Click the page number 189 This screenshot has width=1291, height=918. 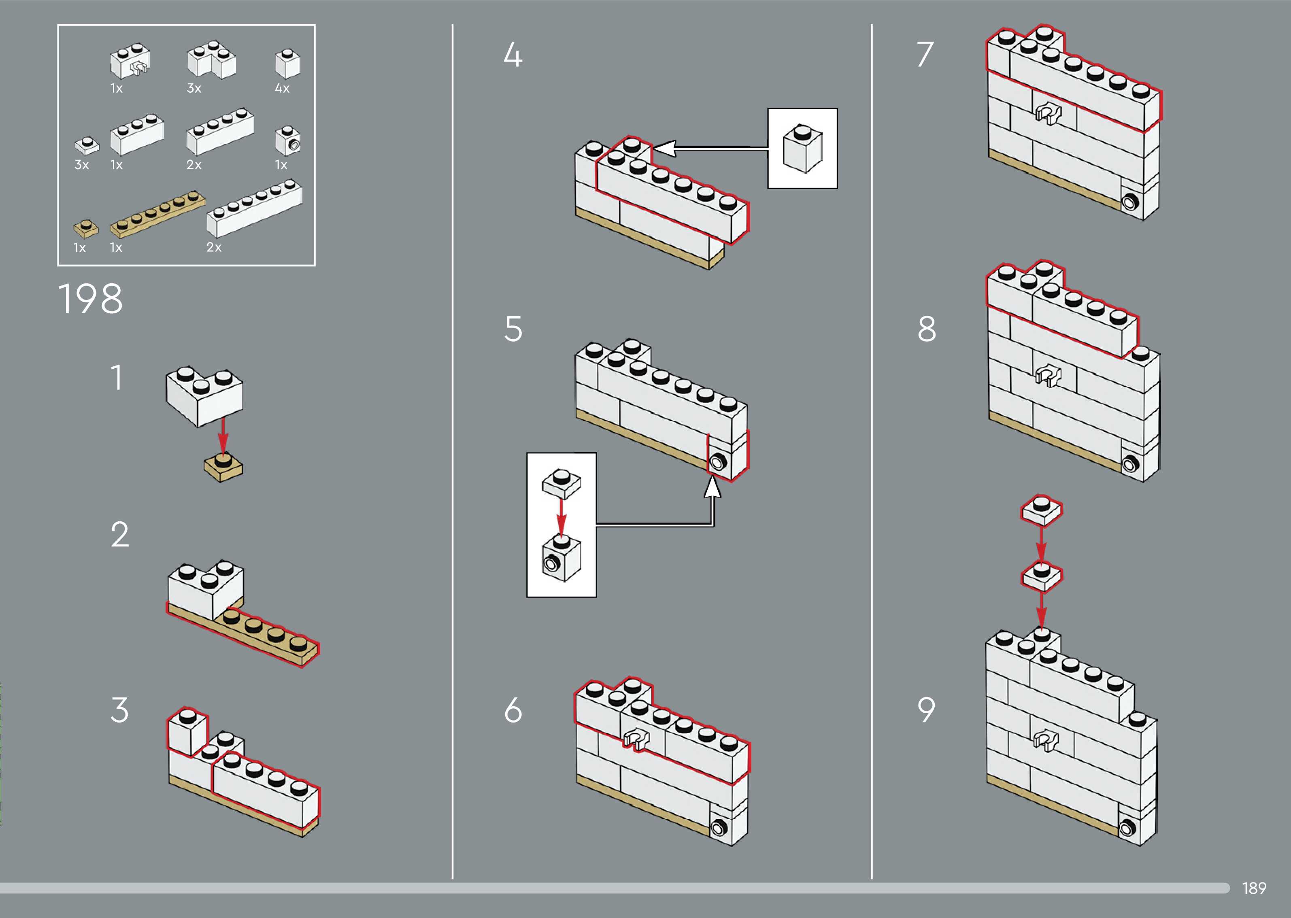1254,888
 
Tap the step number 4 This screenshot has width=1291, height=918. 513,55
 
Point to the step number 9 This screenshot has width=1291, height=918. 926,710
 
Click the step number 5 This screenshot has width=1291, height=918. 513,329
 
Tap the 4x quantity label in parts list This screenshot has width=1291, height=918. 282,88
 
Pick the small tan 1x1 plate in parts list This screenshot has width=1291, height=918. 86,228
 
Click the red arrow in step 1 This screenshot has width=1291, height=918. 223,436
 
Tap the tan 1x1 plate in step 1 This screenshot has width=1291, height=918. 223,468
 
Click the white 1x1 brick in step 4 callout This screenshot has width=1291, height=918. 802,148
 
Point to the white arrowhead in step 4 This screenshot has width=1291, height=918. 664,148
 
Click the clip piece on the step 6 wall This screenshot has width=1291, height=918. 635,738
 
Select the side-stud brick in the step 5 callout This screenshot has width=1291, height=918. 561,558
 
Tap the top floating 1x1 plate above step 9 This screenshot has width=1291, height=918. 1041,510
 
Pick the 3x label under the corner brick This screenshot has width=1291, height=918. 194,88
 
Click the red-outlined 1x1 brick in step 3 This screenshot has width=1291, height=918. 187,731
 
